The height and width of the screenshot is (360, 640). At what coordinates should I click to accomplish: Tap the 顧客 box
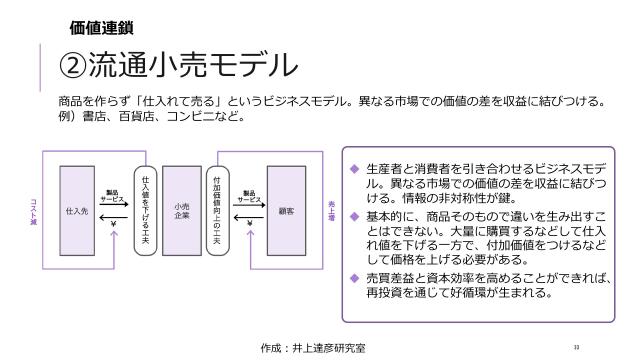point(286,212)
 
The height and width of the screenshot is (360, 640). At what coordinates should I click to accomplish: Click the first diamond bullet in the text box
point(353,166)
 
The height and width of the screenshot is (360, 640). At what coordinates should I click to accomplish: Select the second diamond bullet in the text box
point(353,216)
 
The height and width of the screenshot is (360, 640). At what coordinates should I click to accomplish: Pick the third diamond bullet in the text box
point(353,277)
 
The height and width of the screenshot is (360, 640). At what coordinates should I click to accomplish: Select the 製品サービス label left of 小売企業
point(112,197)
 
